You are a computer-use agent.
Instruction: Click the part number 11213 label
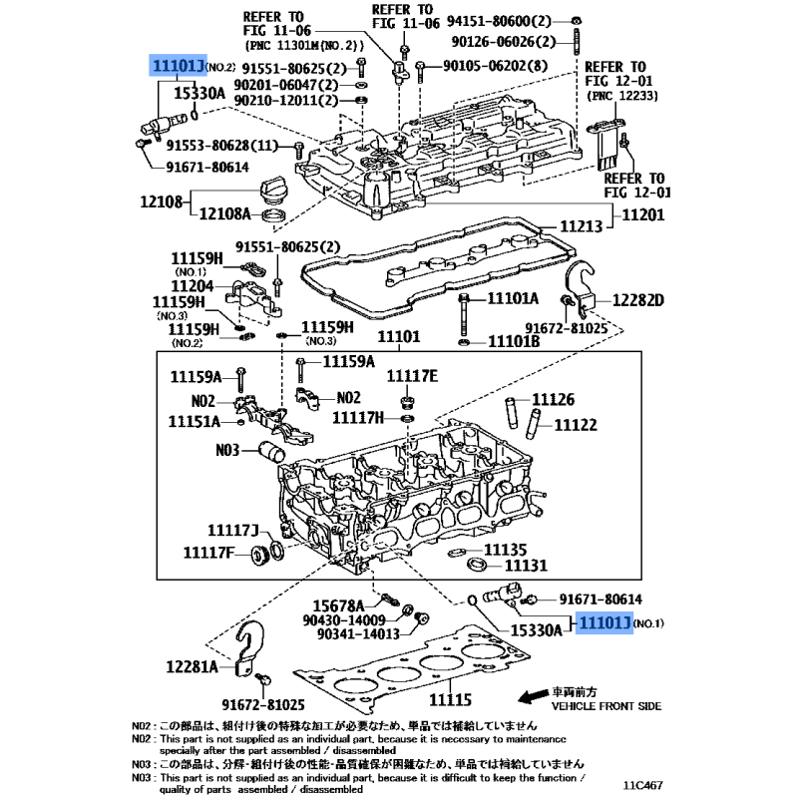click(580, 227)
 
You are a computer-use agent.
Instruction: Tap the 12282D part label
click(637, 299)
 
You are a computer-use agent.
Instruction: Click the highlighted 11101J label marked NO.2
click(178, 66)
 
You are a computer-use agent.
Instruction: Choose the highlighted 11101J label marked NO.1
click(601, 624)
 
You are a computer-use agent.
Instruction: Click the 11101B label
click(513, 342)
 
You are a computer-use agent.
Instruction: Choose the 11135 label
click(505, 550)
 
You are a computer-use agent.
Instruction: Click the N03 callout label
click(228, 450)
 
